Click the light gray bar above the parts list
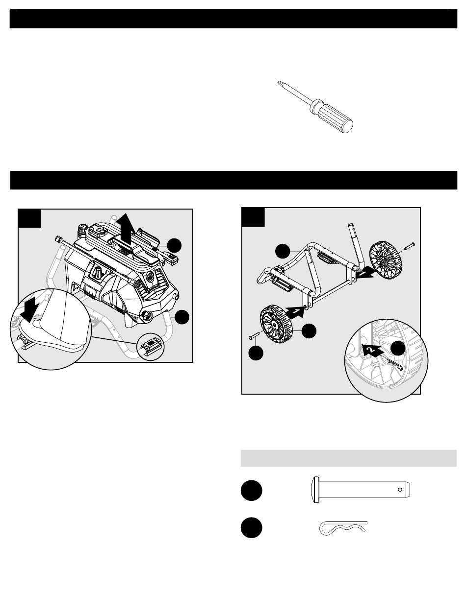(x=348, y=458)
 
